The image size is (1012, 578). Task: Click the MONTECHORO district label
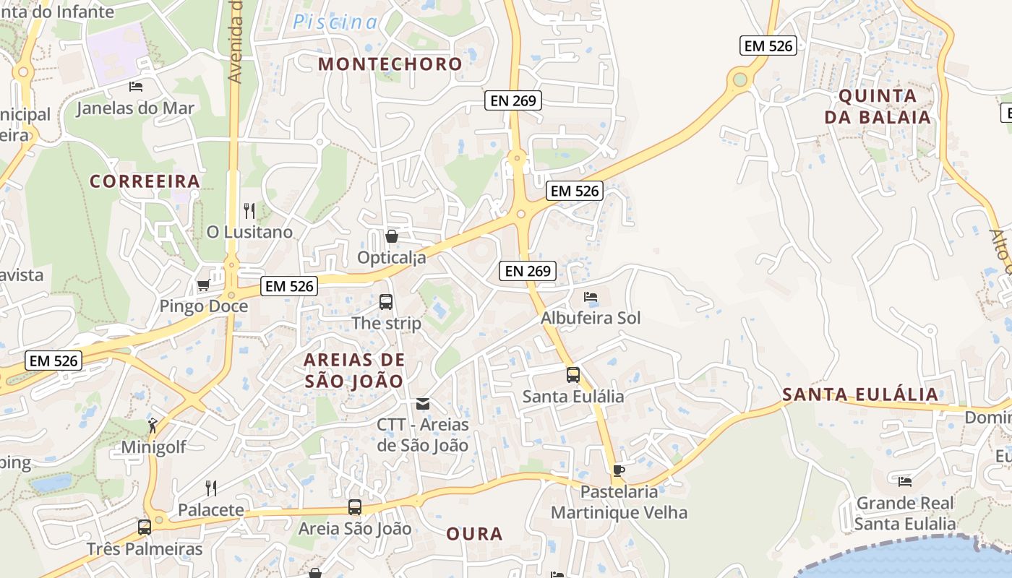point(390,64)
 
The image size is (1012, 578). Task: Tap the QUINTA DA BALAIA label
point(878,106)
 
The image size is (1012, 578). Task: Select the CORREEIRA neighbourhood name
point(145,181)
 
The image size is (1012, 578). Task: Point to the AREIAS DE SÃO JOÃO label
point(353,370)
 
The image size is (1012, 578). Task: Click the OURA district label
point(474,534)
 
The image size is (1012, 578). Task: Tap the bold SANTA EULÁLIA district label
point(860,394)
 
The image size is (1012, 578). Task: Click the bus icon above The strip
point(386,302)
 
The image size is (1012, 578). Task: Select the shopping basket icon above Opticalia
point(391,236)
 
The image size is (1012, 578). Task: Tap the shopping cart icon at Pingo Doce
point(203,285)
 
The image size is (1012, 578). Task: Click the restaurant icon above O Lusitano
point(249,211)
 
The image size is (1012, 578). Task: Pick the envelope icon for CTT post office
point(423,404)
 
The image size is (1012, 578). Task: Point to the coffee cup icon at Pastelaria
point(618,471)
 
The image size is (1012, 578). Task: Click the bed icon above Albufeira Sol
point(591,297)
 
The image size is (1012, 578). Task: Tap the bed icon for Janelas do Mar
point(136,87)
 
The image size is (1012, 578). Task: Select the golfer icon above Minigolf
point(153,426)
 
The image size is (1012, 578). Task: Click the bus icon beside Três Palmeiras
point(145,527)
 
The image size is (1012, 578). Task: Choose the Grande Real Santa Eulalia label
point(904,513)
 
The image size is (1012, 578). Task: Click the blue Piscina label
point(335,22)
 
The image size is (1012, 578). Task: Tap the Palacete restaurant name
point(211,509)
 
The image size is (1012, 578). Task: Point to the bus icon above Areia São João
point(354,507)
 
